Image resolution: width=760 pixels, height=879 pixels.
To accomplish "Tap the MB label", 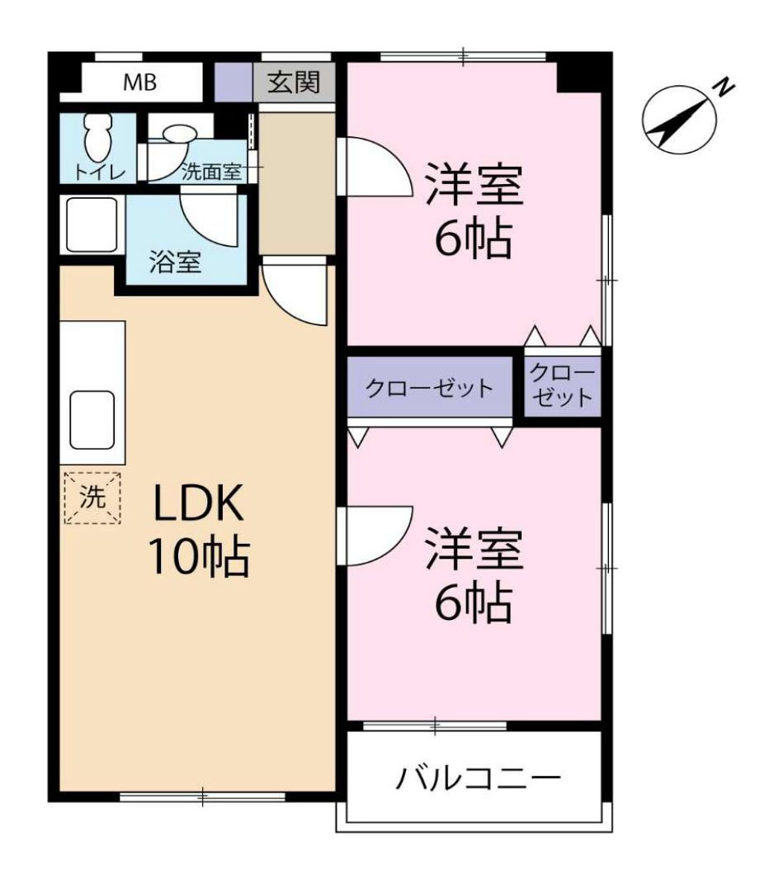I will click(140, 83).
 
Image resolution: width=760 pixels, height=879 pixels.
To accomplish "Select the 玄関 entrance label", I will click(294, 83).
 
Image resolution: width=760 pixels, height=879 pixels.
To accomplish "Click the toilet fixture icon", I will click(97, 135).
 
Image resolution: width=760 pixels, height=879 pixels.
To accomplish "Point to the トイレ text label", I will click(98, 172).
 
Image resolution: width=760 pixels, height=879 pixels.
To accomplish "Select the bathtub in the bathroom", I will click(92, 224).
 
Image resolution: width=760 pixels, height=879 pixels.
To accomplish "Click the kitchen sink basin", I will click(92, 419).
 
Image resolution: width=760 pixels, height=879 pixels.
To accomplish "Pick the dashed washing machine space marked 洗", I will click(92, 498).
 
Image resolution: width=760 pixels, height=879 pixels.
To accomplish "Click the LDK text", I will click(198, 503).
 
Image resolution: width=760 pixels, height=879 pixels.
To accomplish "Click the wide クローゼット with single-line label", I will click(430, 388).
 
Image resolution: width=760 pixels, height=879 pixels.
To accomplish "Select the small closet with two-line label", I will click(562, 385).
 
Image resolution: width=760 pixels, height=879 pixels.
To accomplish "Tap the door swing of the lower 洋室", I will click(373, 536).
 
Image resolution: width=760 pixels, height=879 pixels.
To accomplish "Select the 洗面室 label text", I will click(210, 172).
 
